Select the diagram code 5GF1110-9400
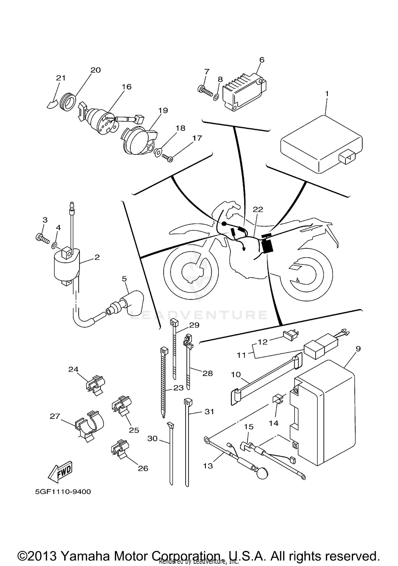pyautogui.click(x=63, y=492)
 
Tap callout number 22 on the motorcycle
pyautogui.click(x=258, y=209)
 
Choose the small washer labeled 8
pyautogui.click(x=216, y=97)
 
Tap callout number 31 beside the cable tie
pyautogui.click(x=209, y=412)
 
